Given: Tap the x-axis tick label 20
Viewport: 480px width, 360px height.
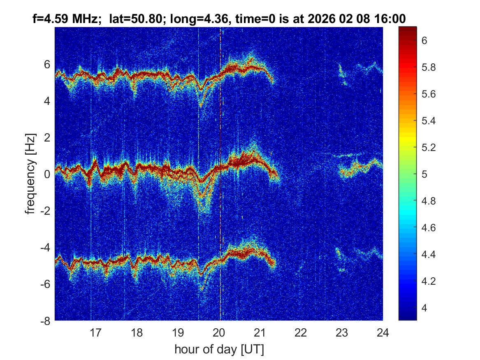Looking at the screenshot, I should click(x=219, y=332).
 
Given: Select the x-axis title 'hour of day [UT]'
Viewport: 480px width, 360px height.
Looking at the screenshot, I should click(x=219, y=350).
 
